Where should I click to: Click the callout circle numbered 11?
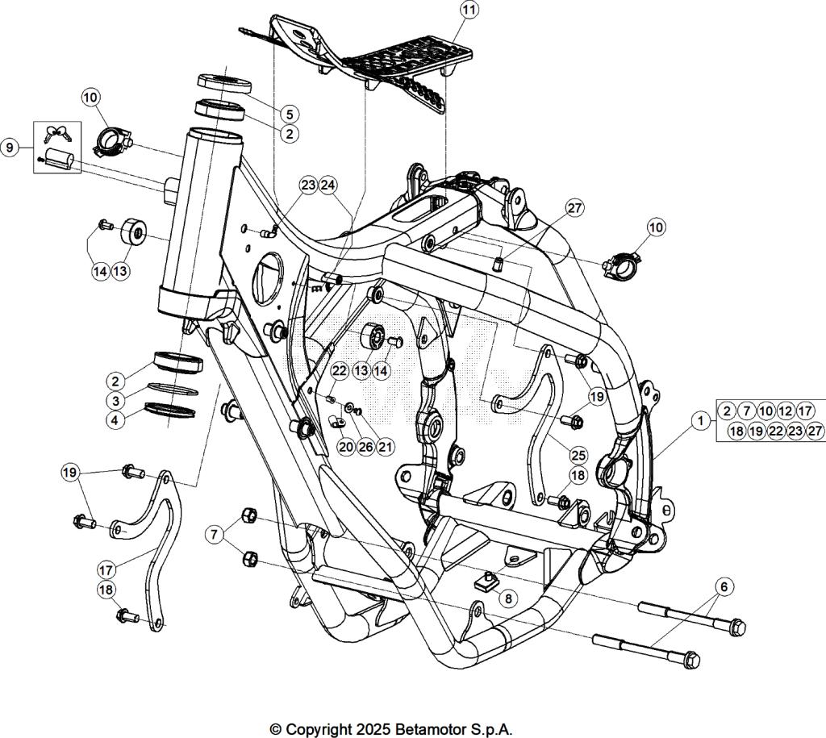(469, 10)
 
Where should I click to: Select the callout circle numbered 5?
(290, 115)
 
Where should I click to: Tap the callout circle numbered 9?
(10, 148)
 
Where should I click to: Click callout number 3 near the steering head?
(117, 400)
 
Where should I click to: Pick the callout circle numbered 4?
(117, 420)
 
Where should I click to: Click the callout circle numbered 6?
(724, 587)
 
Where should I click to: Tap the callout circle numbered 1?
(701, 420)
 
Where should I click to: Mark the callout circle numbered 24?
(327, 185)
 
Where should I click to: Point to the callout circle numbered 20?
(346, 447)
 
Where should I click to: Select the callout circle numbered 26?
(365, 447)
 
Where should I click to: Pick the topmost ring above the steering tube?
(225, 81)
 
